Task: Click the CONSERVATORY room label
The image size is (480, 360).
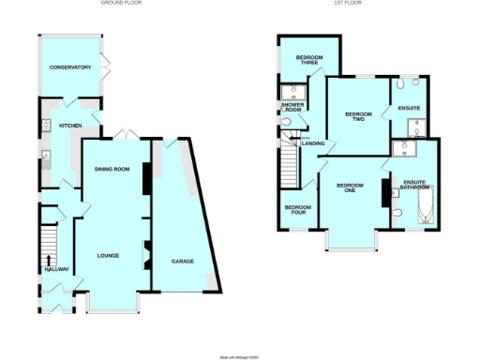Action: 71,67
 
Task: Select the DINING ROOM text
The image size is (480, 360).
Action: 112,169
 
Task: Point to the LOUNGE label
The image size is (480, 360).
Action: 112,254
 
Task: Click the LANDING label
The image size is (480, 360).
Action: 312,143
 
